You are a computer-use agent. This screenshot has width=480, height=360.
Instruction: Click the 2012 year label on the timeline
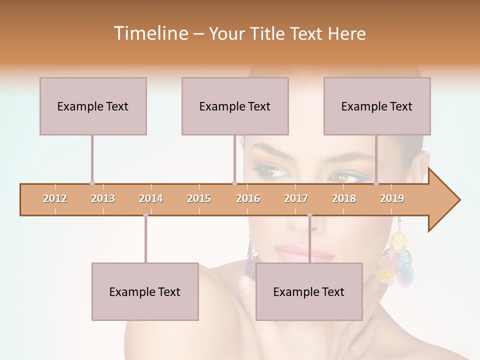tap(55, 198)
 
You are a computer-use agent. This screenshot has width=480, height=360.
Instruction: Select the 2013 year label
tap(103, 198)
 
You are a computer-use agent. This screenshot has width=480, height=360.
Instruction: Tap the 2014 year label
tap(151, 198)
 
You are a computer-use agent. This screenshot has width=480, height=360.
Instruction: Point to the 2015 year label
tap(199, 198)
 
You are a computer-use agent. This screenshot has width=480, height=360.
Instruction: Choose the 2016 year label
tap(248, 198)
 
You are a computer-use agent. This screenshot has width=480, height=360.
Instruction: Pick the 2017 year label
tap(296, 198)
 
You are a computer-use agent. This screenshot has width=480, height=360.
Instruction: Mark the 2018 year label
tap(344, 198)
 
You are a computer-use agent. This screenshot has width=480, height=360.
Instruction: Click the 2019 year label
tap(392, 198)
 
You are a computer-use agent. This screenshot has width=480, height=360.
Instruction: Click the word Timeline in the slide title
tap(150, 33)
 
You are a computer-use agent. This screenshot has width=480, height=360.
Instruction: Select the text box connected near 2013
tap(93, 106)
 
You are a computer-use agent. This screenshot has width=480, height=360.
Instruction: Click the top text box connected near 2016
tap(235, 106)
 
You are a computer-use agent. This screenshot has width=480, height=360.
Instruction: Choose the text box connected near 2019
tap(377, 106)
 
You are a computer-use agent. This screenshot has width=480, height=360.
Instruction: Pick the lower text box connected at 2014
tap(145, 291)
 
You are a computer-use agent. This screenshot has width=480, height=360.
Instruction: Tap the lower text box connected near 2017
tap(309, 291)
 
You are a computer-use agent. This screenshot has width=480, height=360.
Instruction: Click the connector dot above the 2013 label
tap(92, 183)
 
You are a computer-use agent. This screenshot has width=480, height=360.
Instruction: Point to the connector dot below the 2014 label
tap(145, 215)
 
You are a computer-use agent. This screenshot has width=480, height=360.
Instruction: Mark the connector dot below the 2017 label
tap(309, 215)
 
